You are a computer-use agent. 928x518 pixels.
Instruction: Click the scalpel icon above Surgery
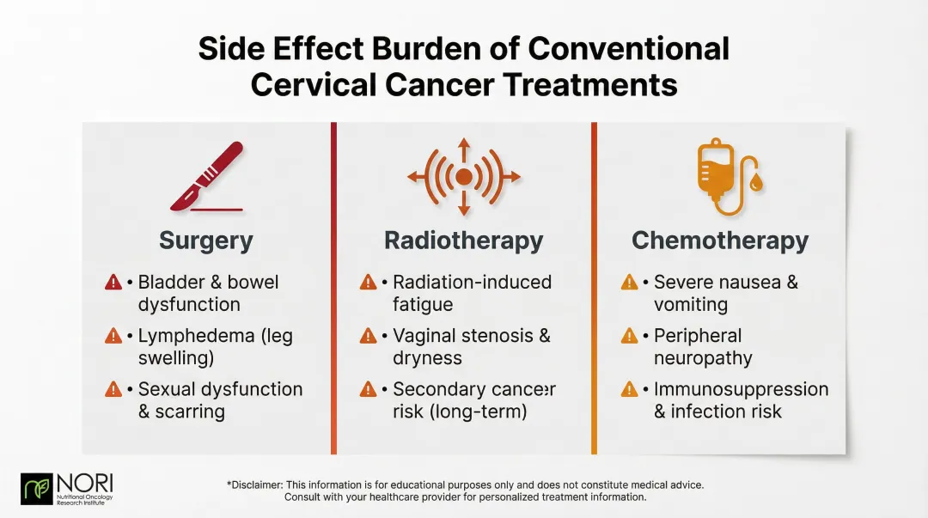[x=207, y=175]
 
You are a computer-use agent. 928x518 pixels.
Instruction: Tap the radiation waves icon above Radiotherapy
[x=464, y=176]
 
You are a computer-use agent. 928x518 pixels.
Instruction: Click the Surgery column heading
[x=206, y=241]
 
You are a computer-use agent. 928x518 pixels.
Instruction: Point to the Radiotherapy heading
[x=463, y=241]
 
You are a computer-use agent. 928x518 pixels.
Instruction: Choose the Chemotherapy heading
[x=720, y=241]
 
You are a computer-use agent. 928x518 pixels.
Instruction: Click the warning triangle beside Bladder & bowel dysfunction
[x=113, y=283]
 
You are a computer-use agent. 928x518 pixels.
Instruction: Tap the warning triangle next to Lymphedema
[x=113, y=336]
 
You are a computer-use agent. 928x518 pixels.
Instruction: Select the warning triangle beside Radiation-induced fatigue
[x=369, y=283]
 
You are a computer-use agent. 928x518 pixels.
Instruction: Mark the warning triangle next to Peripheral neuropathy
[x=630, y=336]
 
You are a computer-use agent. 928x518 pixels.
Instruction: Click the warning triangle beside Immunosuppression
[x=630, y=389]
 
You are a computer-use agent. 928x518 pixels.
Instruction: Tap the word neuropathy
[x=703, y=358]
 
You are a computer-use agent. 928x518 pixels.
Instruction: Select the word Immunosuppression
[x=741, y=389]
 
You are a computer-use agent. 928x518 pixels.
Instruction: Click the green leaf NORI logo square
[x=37, y=489]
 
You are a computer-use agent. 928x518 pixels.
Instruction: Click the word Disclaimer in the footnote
[x=256, y=485]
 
